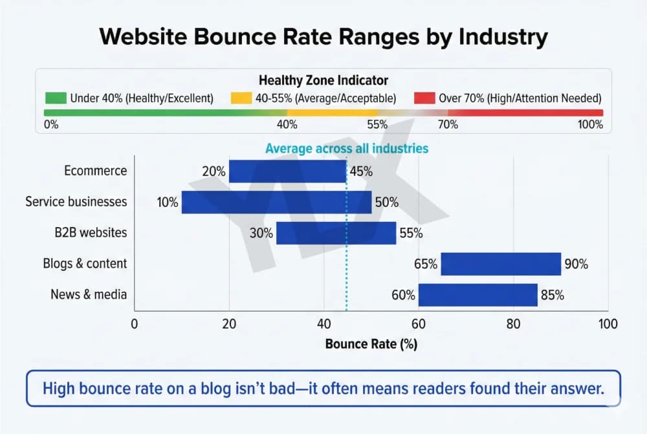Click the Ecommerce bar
coord(287,171)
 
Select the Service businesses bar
coord(276,202)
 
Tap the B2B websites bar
coord(336,233)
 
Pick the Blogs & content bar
coord(501,264)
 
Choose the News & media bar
coord(477,295)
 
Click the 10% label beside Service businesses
coord(167,202)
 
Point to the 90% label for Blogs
coord(576,264)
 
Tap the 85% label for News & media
coord(552,295)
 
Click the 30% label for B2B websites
coord(262,233)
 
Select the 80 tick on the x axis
coord(513,323)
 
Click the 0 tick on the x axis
coord(135,323)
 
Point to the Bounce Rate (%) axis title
coord(371,344)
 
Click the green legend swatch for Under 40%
coord(56,98)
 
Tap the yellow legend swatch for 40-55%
coord(241,98)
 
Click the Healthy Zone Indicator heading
coord(323,81)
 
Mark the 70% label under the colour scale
coord(448,124)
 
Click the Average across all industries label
coord(347,148)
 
